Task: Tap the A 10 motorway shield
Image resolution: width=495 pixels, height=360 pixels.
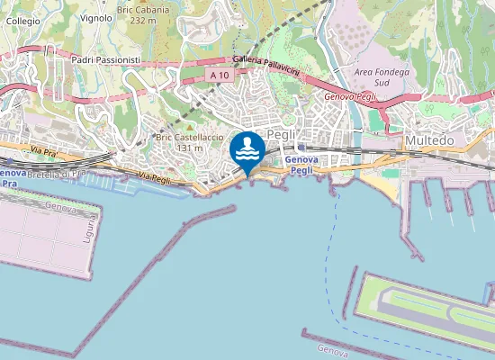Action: coord(219,76)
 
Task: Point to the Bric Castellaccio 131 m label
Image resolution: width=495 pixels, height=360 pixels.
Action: coord(189,142)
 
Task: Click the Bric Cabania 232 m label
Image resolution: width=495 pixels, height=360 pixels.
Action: coord(137,13)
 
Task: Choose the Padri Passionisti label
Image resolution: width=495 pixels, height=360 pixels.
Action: coord(106,59)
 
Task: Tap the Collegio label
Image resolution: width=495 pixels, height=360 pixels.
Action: coord(22,20)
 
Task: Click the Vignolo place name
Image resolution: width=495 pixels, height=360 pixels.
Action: coord(96,17)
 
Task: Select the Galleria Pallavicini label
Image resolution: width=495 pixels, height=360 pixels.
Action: coord(264,63)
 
